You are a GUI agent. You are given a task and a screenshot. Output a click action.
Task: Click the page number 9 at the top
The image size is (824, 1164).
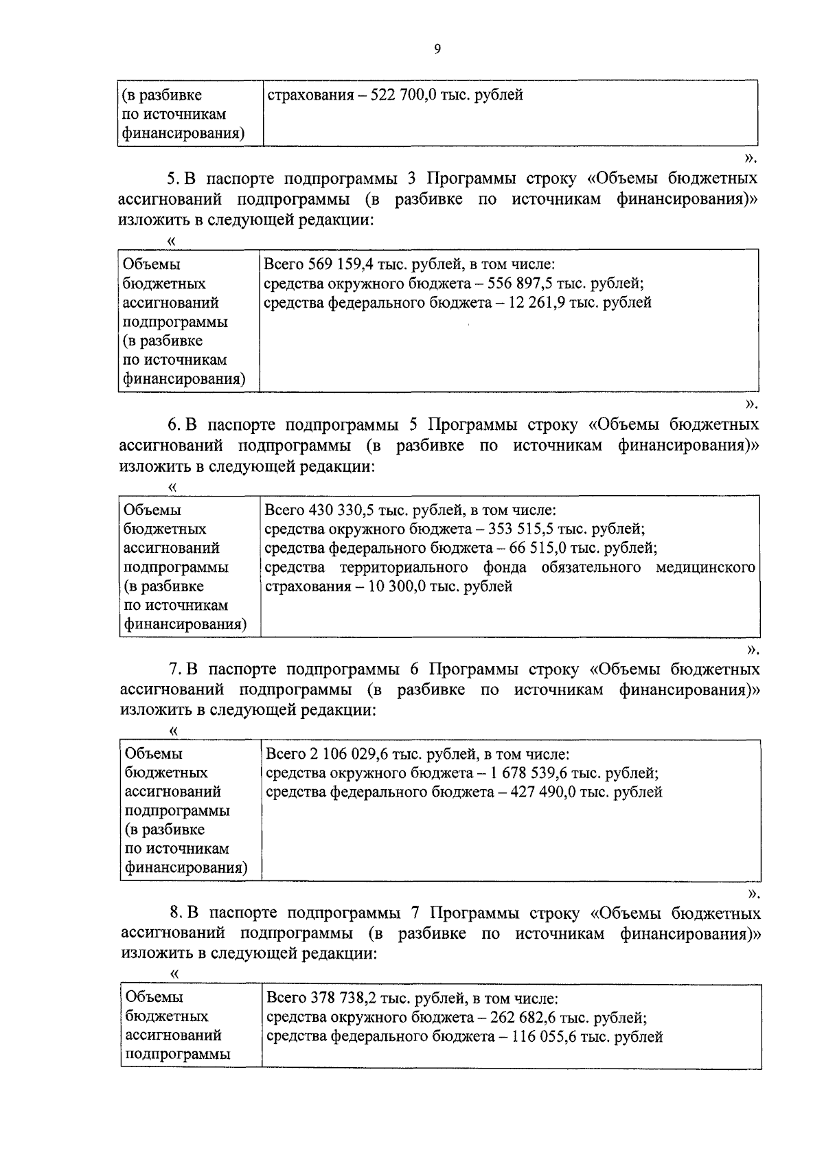click(437, 49)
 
